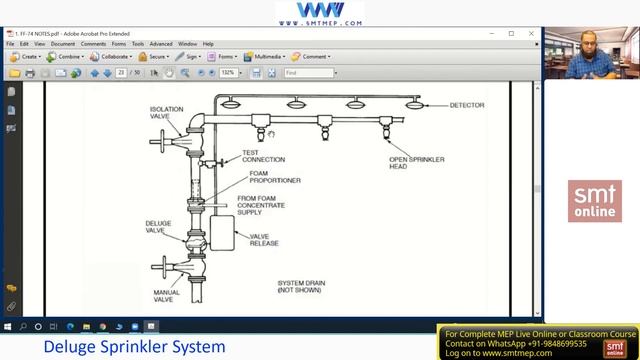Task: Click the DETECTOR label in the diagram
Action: [x=466, y=105]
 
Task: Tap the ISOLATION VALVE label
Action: [x=167, y=113]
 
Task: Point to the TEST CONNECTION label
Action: [x=263, y=156]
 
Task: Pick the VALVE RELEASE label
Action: [x=264, y=239]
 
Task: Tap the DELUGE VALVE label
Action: [x=158, y=226]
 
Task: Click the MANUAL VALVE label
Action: [x=167, y=296]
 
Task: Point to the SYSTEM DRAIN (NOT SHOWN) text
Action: [x=301, y=287]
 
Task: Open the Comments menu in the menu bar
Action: [x=93, y=44]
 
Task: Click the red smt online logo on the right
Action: [x=594, y=201]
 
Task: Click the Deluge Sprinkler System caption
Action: [x=134, y=347]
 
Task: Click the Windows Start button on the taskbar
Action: [x=9, y=326]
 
